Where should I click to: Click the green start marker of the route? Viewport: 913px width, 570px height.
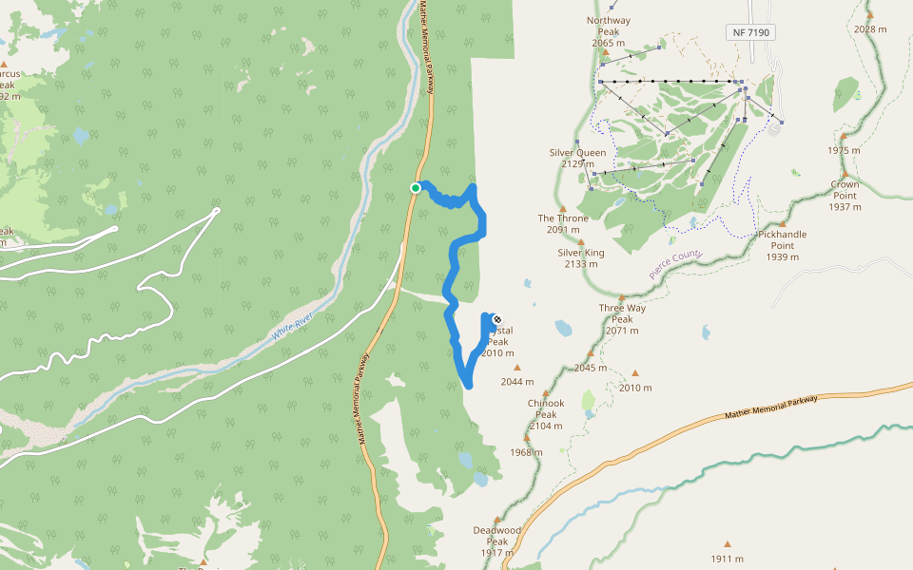[x=416, y=188]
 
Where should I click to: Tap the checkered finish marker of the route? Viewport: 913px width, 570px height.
[x=496, y=319]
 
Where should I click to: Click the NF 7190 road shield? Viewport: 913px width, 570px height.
[x=751, y=32]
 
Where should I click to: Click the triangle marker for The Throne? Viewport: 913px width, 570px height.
[x=563, y=209]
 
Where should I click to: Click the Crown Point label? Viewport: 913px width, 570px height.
[x=845, y=189]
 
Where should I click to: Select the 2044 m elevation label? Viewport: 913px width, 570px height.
[x=517, y=382]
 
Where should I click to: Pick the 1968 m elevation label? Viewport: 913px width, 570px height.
[x=525, y=452]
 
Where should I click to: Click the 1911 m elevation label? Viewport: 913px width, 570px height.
[x=727, y=559]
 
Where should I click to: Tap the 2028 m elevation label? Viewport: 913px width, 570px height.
[x=870, y=28]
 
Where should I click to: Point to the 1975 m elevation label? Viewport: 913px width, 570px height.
[x=844, y=150]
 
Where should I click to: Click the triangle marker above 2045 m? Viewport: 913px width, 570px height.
[x=591, y=353]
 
